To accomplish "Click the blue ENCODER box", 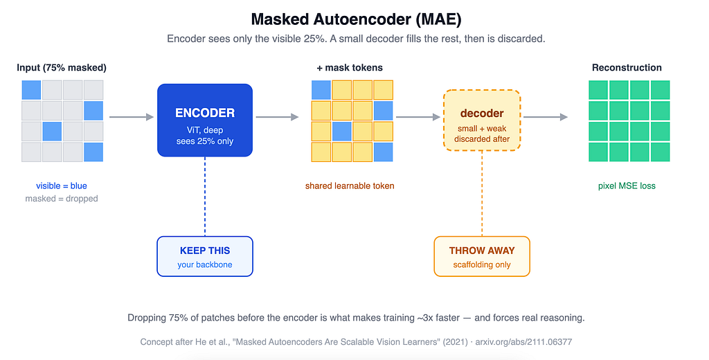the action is click(x=205, y=120).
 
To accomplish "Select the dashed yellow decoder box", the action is click(x=482, y=120).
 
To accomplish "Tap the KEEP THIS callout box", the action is click(x=205, y=256).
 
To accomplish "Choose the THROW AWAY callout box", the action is click(x=482, y=256).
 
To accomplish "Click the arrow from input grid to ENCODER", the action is click(x=132, y=117).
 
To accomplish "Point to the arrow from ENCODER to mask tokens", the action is click(x=277, y=117).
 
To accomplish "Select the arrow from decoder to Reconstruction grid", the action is click(x=546, y=117).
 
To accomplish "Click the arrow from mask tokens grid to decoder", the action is click(x=418, y=117).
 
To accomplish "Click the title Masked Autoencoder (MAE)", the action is click(x=356, y=19).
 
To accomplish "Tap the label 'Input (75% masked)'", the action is click(x=62, y=68).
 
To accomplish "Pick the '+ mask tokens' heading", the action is click(x=350, y=68).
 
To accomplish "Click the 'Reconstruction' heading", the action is click(x=627, y=68).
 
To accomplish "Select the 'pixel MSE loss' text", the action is click(x=627, y=186).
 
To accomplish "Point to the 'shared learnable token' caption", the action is click(x=350, y=186).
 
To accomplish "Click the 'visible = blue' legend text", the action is click(x=62, y=186).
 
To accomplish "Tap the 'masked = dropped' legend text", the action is click(x=62, y=199).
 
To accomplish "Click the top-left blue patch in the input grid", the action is click(x=31, y=90).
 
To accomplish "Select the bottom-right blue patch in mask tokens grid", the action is click(x=383, y=152).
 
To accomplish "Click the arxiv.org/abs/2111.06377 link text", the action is click(x=523, y=342).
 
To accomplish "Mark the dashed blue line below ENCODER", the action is click(x=205, y=197).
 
